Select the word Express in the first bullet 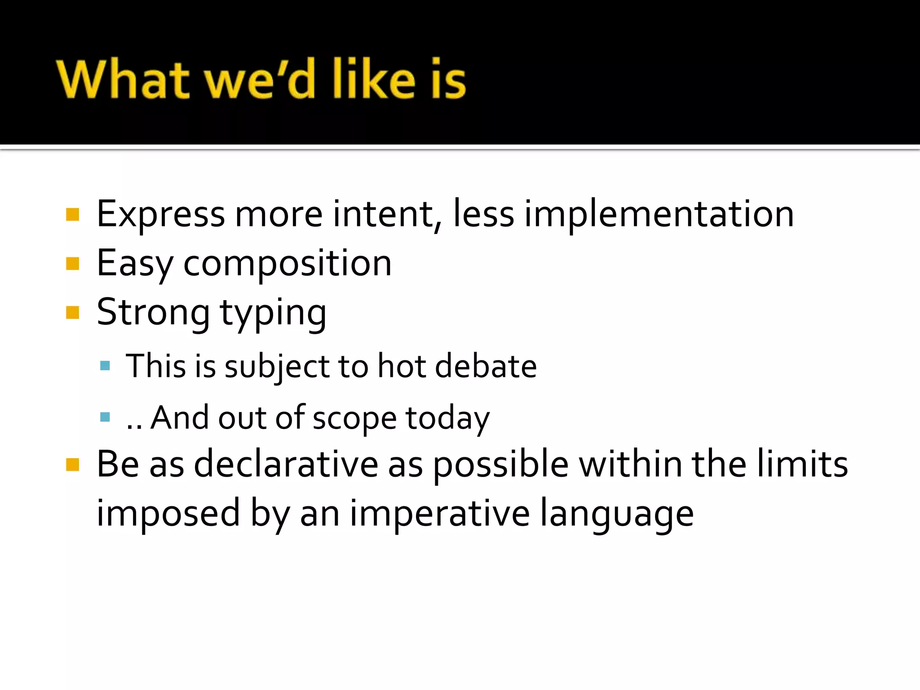[x=160, y=215]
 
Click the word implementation [x=659, y=215]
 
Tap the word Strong [x=153, y=313]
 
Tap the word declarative [x=286, y=464]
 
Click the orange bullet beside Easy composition [x=72, y=264]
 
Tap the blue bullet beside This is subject [x=105, y=366]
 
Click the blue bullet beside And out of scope [x=105, y=417]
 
